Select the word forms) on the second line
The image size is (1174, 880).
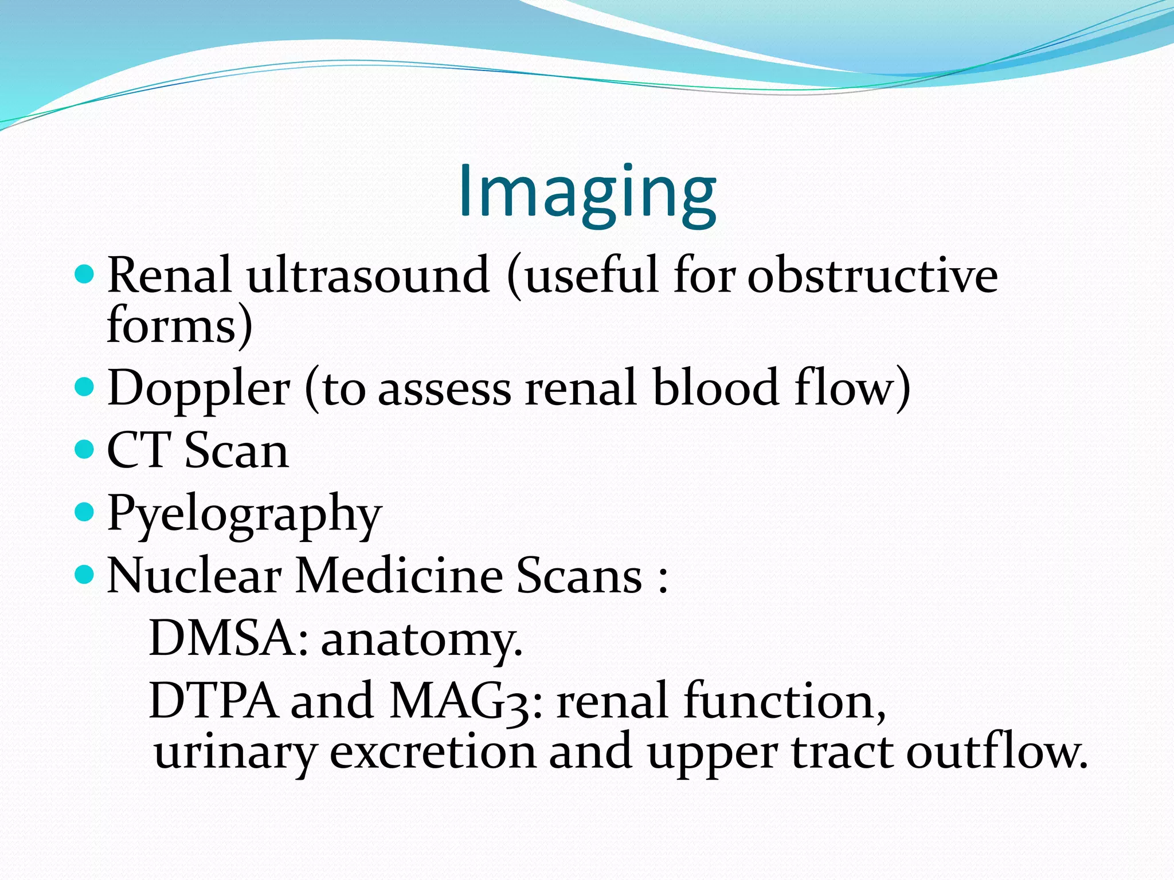[x=179, y=325]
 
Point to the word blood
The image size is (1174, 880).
[x=715, y=387]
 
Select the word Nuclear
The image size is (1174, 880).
[x=194, y=575]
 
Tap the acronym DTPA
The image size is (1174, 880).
[x=213, y=700]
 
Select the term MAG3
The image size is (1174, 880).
[x=464, y=701]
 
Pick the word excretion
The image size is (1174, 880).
[x=433, y=752]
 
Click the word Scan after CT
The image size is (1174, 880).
[x=236, y=450]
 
